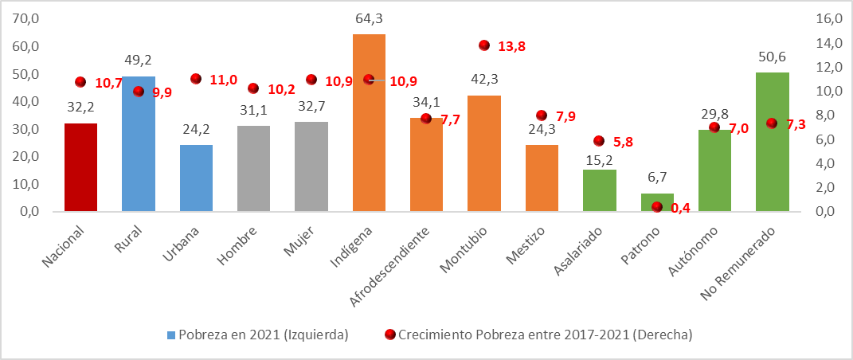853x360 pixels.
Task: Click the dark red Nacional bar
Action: tap(80, 167)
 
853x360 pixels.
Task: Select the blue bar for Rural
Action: tap(139, 143)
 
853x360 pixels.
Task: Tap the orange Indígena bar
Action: tap(369, 123)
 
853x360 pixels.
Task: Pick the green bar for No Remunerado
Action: tap(772, 142)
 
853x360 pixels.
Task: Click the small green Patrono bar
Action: tap(657, 202)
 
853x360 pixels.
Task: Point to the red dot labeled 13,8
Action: tap(484, 45)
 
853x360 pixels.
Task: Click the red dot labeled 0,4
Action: tap(657, 207)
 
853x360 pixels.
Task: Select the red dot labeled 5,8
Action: tap(599, 141)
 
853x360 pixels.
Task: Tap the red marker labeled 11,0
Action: tap(196, 79)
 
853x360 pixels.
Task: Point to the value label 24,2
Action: tap(196, 132)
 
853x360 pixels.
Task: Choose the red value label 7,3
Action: tap(797, 124)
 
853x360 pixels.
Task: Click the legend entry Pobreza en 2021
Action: tap(263, 335)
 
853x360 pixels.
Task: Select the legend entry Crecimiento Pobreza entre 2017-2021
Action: tap(546, 335)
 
